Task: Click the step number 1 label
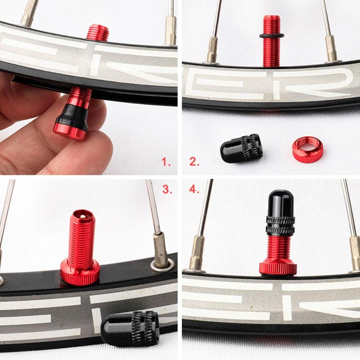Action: click(166, 162)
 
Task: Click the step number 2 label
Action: click(194, 162)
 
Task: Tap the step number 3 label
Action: click(167, 190)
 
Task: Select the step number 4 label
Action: click(194, 190)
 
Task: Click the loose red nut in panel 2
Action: click(307, 149)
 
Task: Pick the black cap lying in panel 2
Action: click(241, 148)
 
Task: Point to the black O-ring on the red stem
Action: click(271, 36)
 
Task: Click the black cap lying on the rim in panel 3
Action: click(130, 328)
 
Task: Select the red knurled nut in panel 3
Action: click(80, 274)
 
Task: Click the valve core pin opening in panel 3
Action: click(83, 216)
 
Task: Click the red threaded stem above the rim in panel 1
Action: click(98, 32)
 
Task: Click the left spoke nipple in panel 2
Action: click(212, 50)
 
